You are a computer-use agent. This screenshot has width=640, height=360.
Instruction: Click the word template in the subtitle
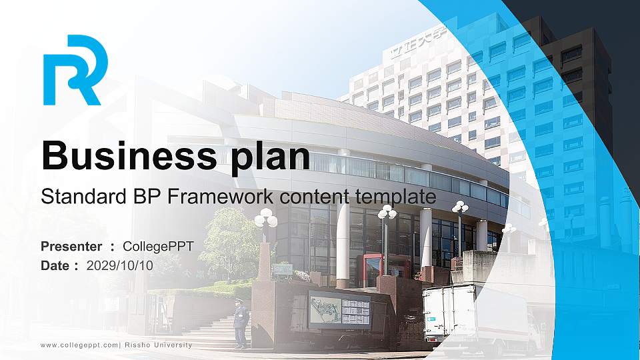(x=395, y=196)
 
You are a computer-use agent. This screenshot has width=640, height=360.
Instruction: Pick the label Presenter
(x=71, y=247)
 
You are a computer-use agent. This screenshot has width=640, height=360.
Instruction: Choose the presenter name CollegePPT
(x=158, y=247)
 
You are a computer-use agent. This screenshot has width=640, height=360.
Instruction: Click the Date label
(x=55, y=265)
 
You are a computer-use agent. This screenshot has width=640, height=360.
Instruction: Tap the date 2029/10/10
(x=120, y=265)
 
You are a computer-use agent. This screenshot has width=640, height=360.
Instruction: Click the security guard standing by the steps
(x=240, y=323)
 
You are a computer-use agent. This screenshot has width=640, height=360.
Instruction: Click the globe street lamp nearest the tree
(x=265, y=220)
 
